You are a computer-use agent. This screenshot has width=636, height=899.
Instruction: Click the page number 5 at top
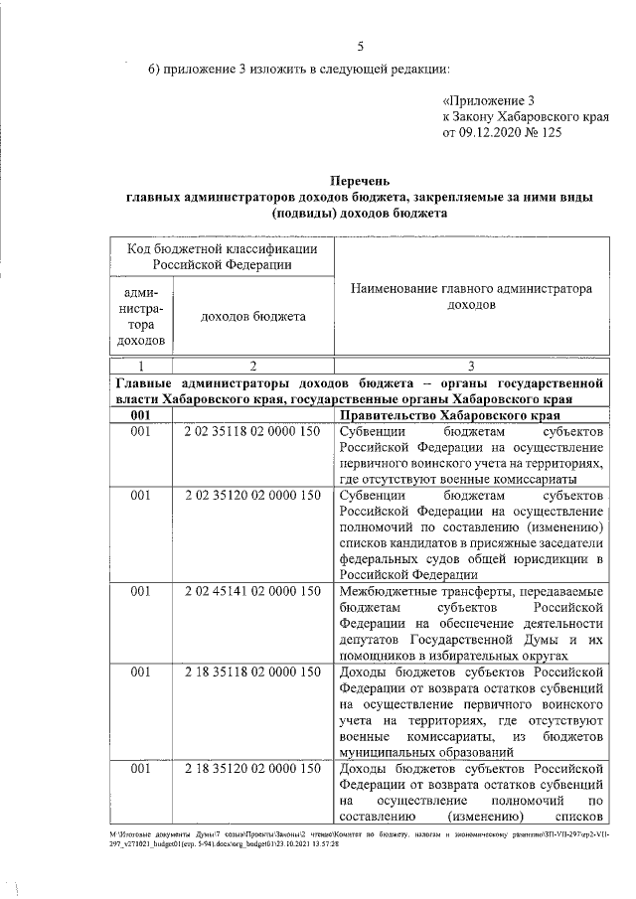361,46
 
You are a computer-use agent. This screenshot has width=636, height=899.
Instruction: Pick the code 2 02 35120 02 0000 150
252,494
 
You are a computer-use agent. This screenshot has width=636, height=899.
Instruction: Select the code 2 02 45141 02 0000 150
252,590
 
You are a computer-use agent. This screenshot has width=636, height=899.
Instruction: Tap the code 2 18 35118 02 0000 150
252,671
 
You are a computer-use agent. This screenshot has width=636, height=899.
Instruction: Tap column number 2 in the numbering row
252,365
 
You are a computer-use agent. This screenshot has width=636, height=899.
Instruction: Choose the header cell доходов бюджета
252,316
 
